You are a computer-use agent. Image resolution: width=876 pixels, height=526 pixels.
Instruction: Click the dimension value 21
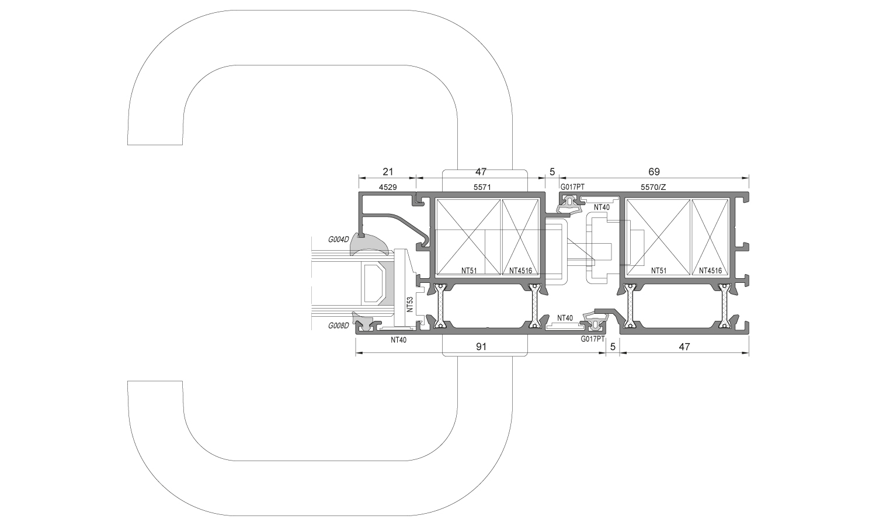tap(388, 172)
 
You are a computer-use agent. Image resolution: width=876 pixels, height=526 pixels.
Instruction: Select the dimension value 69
tap(654, 172)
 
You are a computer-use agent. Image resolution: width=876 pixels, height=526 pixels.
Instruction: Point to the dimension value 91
tap(481, 347)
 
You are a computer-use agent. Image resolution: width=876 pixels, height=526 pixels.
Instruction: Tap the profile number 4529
tap(388, 187)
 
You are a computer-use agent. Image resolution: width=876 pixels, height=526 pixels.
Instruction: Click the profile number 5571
tap(481, 187)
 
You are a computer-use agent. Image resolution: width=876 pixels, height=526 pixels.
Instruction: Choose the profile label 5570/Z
tap(653, 187)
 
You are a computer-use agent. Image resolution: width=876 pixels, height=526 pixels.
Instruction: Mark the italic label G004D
tap(338, 239)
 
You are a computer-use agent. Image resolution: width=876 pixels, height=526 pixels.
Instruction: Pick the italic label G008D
tap(338, 325)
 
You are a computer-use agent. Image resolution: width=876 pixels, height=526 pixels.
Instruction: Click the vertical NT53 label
tap(410, 304)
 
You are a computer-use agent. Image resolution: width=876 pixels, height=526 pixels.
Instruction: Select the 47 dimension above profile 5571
tap(481, 172)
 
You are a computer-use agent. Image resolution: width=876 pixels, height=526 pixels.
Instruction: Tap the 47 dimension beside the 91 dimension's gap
tap(684, 347)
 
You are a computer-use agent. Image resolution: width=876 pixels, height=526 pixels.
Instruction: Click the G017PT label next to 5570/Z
tap(572, 187)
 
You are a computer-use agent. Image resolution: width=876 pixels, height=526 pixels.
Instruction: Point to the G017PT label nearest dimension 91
tap(592, 339)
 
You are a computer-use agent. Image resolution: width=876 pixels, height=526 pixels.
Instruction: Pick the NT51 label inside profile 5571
tap(470, 271)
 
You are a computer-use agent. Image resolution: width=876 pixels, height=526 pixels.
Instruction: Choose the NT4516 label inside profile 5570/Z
tap(710, 271)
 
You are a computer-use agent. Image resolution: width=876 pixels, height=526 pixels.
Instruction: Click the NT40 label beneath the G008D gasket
tap(398, 340)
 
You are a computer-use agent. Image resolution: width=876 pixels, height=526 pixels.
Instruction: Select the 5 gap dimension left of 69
tap(552, 172)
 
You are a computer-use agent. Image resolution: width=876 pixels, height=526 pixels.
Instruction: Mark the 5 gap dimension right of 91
tap(613, 347)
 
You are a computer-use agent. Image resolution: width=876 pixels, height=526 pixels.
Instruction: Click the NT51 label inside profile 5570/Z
tap(660, 271)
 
